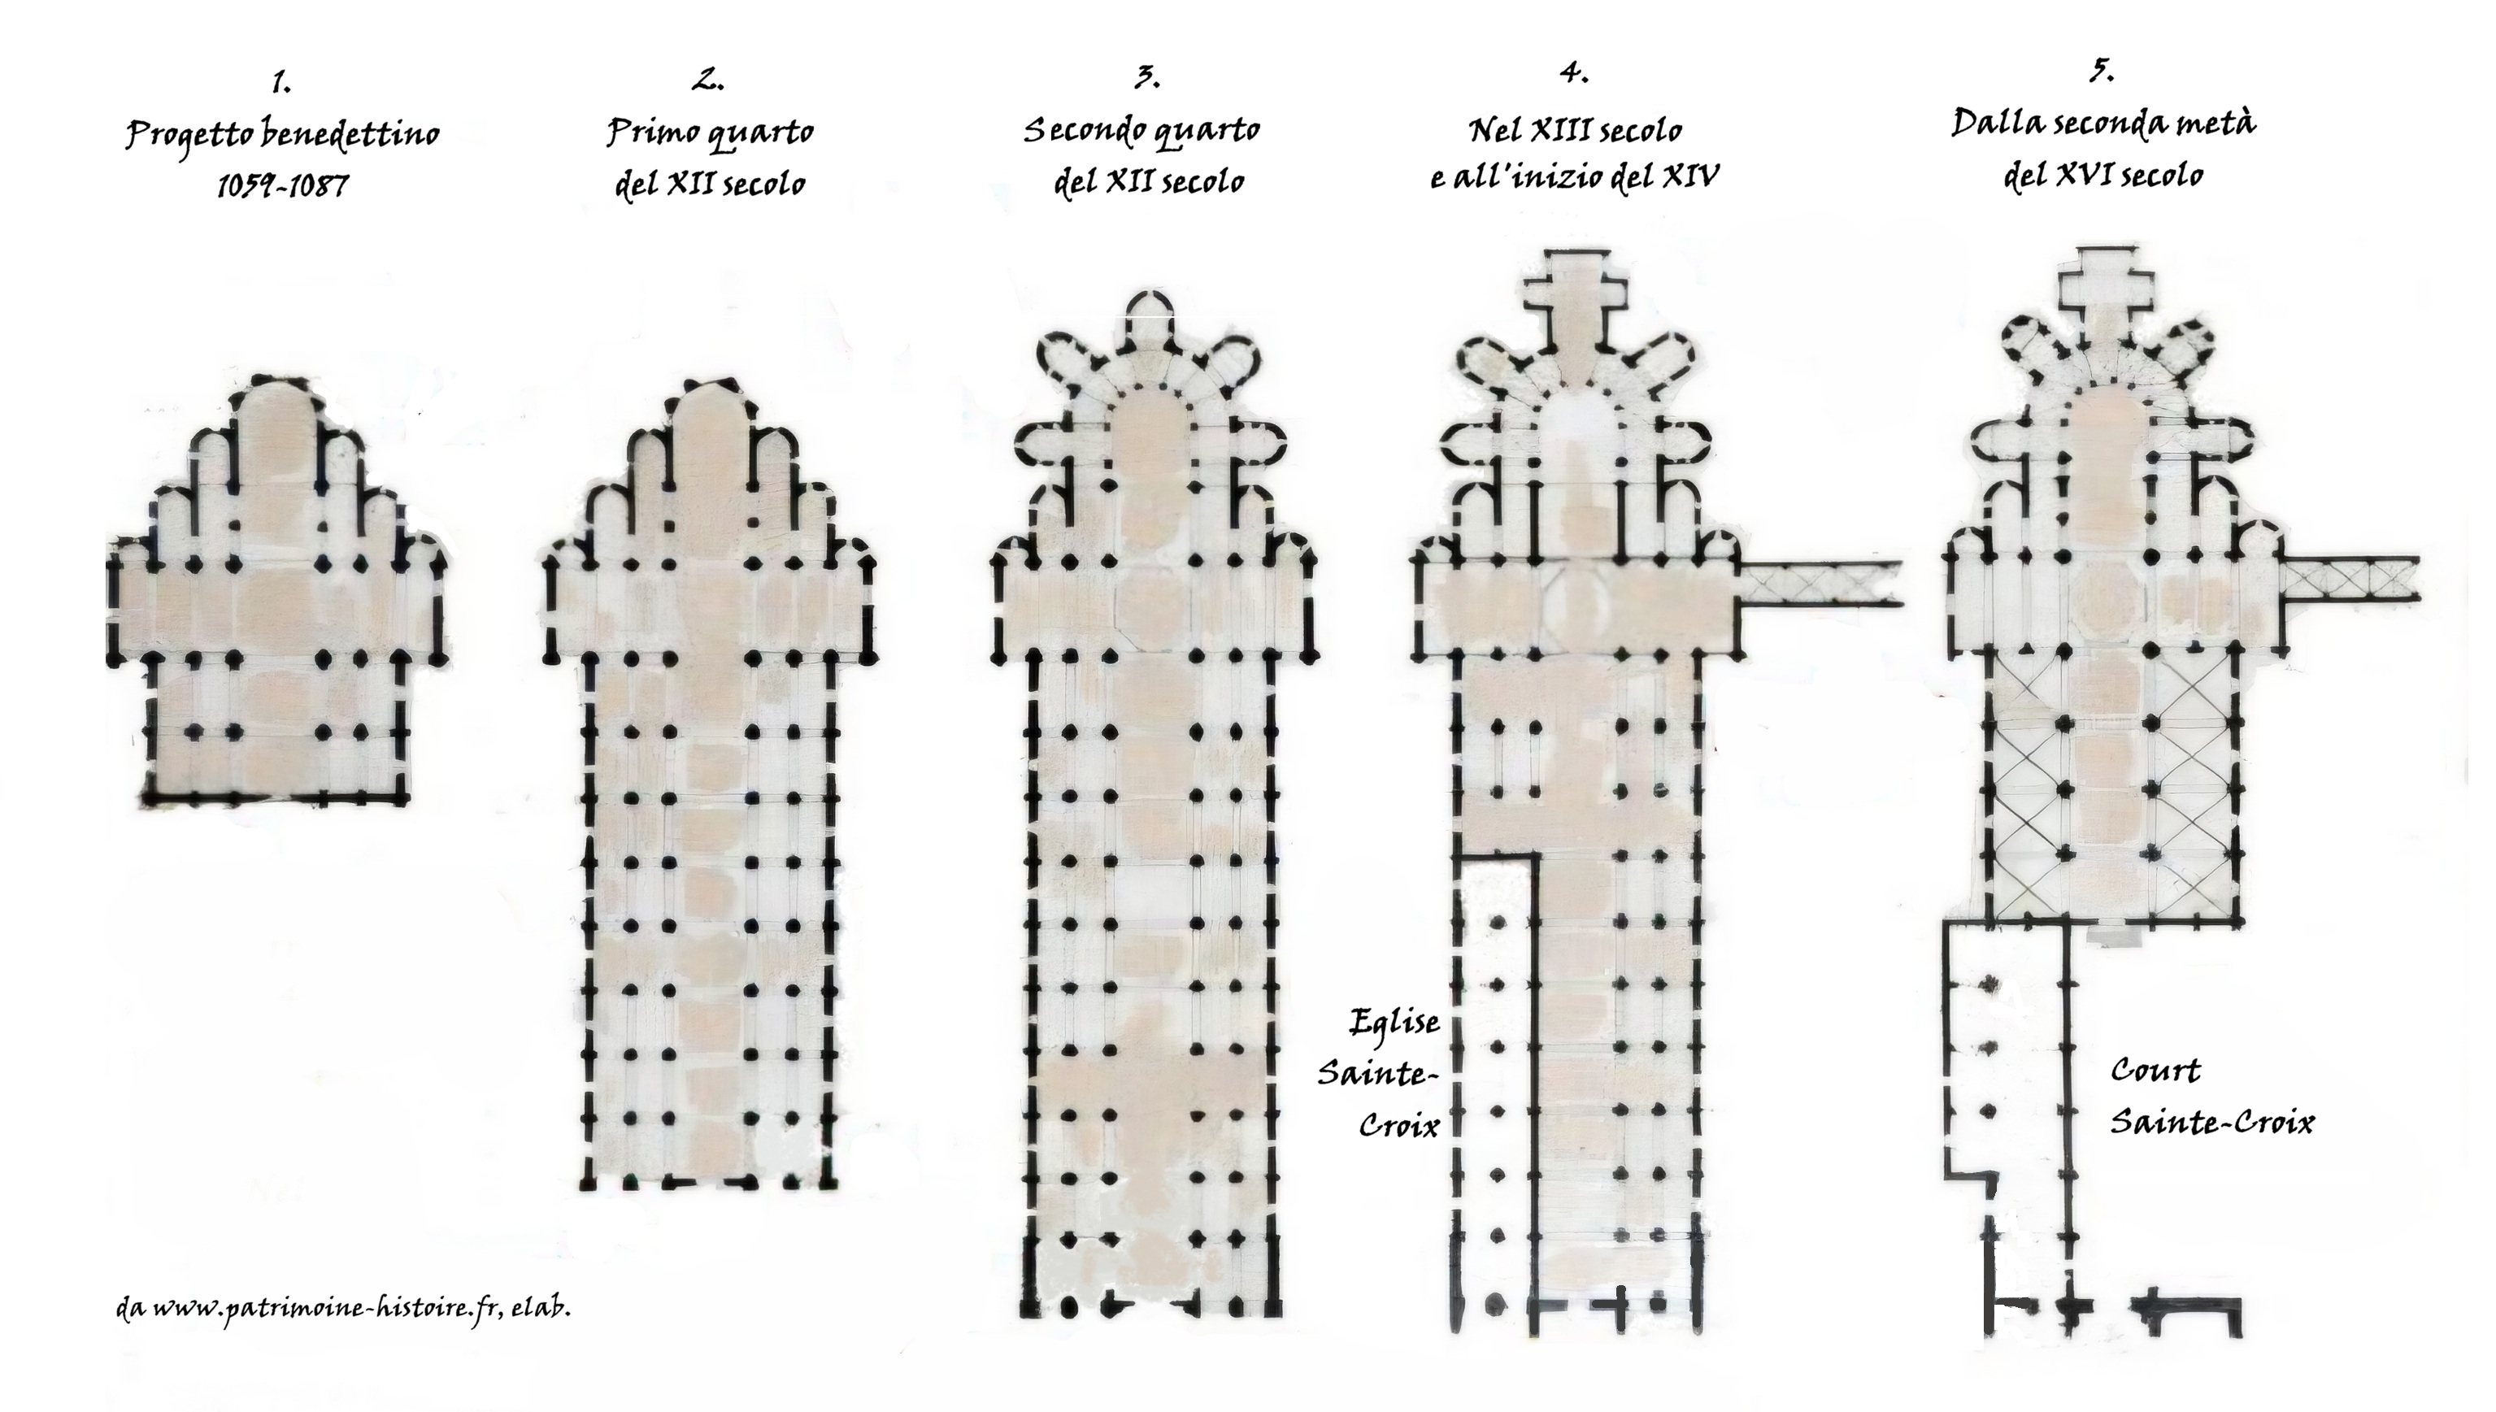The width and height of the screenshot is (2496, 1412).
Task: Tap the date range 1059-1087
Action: [282, 185]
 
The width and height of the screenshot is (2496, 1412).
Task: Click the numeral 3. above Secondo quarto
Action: [1147, 77]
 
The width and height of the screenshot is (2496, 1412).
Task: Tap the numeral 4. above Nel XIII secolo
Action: [1574, 72]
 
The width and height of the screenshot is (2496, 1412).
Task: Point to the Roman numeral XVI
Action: [2085, 176]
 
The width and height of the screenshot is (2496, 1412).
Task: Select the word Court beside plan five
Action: [2155, 1071]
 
